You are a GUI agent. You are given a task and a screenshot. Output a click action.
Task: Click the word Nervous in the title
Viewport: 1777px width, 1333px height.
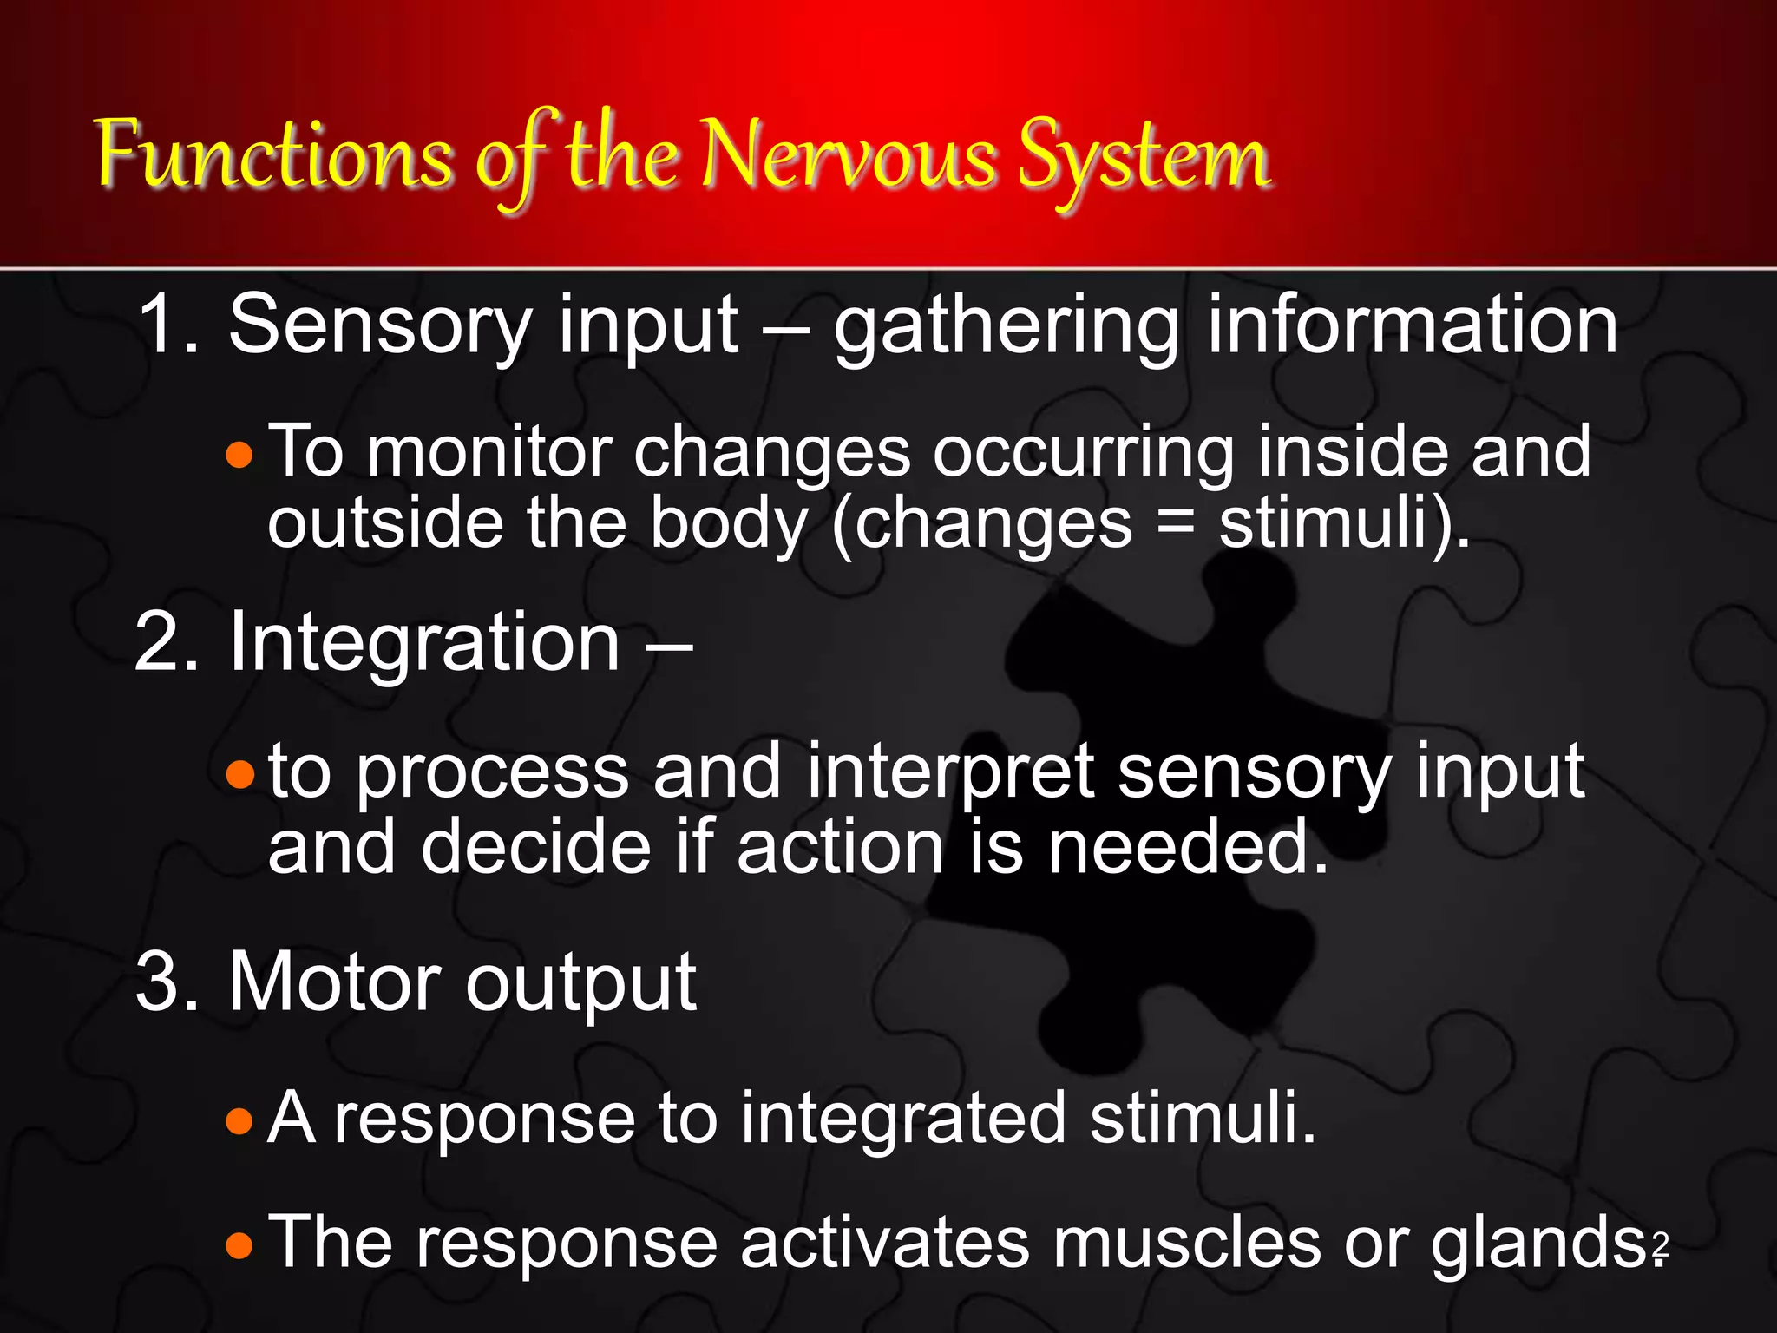[848, 156]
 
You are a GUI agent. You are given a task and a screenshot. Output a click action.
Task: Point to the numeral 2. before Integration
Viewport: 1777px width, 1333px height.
[168, 642]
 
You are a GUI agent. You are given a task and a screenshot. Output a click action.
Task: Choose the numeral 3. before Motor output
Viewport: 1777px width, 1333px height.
[168, 982]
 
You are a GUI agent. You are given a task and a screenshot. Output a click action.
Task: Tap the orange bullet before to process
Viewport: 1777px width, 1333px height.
[239, 774]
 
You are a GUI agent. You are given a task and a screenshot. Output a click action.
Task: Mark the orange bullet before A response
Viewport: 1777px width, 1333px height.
[239, 1121]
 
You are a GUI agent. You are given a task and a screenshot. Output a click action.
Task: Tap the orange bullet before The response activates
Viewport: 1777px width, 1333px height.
[239, 1246]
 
